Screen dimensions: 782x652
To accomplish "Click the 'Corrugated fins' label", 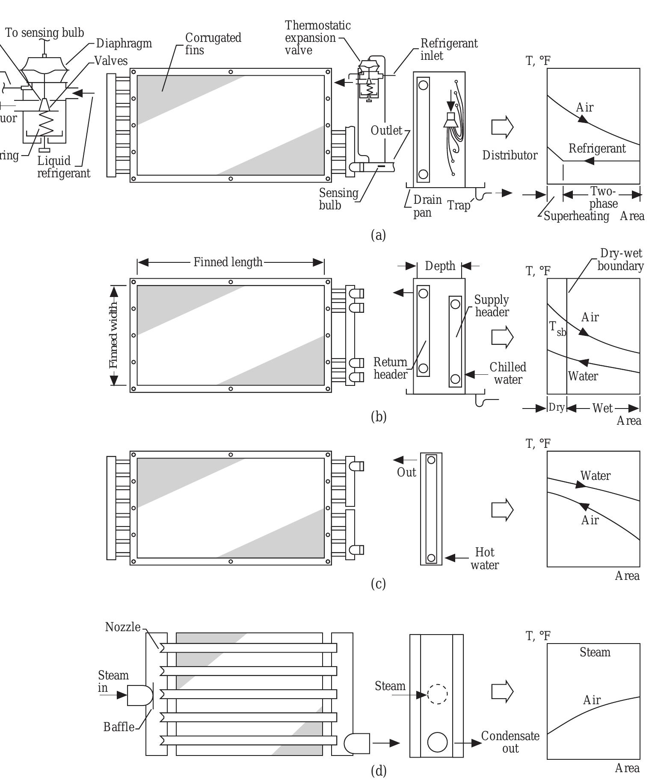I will [x=213, y=44].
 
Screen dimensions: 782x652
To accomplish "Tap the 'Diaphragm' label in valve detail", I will [x=124, y=43].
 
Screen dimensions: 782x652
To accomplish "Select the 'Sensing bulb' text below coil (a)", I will [x=338, y=199].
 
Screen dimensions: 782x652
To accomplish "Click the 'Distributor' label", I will [x=510, y=155].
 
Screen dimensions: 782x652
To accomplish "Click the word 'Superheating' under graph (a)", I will [x=576, y=216].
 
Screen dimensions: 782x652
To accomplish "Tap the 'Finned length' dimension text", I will [x=228, y=262].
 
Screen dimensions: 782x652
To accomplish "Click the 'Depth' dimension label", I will [x=440, y=266].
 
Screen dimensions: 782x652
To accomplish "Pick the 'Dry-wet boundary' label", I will [x=620, y=259].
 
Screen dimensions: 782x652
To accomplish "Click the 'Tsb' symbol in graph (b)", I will [x=557, y=328].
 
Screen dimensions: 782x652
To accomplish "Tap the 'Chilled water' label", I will [x=508, y=373].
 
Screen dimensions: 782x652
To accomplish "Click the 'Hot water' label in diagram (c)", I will [x=485, y=559].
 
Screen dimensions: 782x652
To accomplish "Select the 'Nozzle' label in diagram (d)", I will [x=123, y=627].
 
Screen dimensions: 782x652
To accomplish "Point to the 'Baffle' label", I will [x=119, y=726].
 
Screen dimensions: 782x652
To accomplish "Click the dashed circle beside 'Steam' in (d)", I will [x=437, y=694].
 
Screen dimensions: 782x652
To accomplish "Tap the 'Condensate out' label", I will [x=510, y=742].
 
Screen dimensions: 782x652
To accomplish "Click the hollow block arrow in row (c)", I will [x=502, y=510].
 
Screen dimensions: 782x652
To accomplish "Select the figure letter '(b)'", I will [x=378, y=416].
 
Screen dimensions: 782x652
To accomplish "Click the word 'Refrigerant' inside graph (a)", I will [x=597, y=149].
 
